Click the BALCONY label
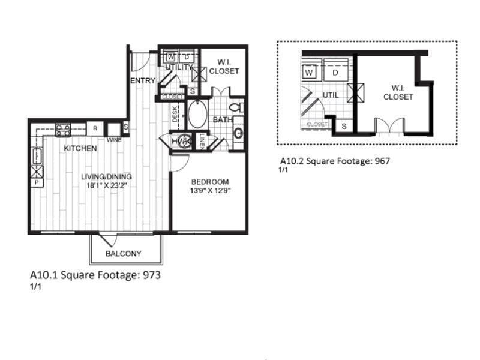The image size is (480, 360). tap(123, 253)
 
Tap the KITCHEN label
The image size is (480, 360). tap(80, 148)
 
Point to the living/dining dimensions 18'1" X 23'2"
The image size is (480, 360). tap(106, 185)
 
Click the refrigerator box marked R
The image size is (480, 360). tap(95, 128)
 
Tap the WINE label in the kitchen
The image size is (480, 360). tap(114, 140)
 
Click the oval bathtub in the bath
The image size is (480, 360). tap(197, 113)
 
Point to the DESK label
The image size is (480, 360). tap(175, 114)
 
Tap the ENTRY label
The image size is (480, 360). tap(143, 80)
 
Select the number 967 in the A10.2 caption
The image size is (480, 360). tap(388, 161)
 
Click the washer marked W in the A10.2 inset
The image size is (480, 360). tap(310, 73)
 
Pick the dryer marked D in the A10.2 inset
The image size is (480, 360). tap(335, 73)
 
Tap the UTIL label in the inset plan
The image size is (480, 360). tap(331, 95)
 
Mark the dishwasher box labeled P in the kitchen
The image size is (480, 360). tap(36, 182)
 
